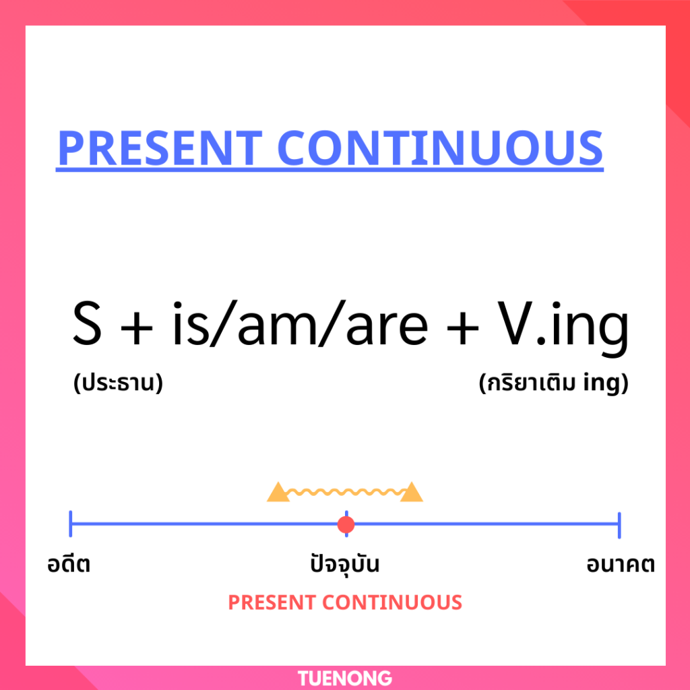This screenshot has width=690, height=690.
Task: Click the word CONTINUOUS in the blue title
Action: pyautogui.click(x=440, y=148)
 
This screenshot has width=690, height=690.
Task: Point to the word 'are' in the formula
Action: pyautogui.click(x=387, y=327)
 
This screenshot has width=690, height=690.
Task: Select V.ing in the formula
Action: pyautogui.click(x=563, y=328)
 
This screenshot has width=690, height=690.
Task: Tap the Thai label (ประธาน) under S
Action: pyautogui.click(x=118, y=383)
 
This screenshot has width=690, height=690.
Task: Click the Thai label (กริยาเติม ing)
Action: pyautogui.click(x=554, y=383)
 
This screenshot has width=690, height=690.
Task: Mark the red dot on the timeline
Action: pyautogui.click(x=346, y=524)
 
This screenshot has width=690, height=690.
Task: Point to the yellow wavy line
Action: pyautogui.click(x=345, y=491)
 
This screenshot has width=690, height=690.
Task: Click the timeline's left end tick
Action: pyautogui.click(x=70, y=524)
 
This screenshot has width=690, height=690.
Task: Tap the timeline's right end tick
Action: pyautogui.click(x=619, y=525)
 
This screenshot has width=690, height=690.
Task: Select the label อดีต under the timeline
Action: pyautogui.click(x=69, y=564)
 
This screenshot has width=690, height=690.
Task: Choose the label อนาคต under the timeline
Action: pyautogui.click(x=621, y=565)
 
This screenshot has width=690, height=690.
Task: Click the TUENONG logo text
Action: pyautogui.click(x=345, y=678)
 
